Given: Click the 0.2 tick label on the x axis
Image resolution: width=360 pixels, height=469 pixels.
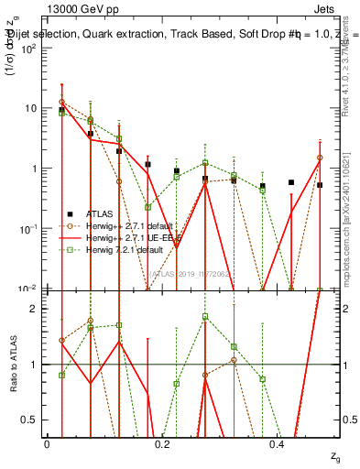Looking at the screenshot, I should coord(162,443).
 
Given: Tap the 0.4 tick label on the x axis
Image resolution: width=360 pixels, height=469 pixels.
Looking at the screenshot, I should coord(278,443).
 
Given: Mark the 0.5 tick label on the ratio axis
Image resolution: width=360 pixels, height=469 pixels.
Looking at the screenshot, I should coord(31,420).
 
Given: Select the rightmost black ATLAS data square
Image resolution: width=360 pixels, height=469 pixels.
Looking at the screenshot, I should coord(320,185).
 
